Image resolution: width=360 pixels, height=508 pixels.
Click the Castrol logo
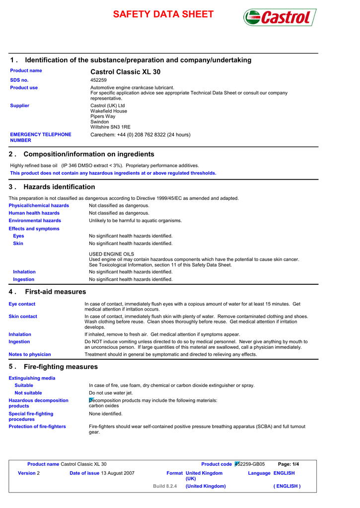(x=280, y=17)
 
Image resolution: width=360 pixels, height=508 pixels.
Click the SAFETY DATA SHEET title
(x=163, y=14)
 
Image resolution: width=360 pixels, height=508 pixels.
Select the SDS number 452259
(x=98, y=80)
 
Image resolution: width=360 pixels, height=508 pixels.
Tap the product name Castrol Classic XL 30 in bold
(x=125, y=72)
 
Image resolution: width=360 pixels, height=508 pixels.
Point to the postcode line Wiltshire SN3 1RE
(x=110, y=127)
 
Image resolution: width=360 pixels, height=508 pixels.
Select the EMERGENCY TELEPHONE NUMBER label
(x=41, y=137)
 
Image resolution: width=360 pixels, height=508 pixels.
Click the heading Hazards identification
(x=59, y=187)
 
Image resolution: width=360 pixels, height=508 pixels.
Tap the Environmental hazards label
(x=35, y=221)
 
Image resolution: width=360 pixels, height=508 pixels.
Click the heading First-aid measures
(x=55, y=292)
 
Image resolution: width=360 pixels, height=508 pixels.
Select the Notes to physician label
(x=30, y=355)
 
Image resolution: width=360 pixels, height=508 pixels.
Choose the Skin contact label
(x=23, y=317)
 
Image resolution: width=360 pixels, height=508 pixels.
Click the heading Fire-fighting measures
(x=61, y=367)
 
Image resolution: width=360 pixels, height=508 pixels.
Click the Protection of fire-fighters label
(x=37, y=427)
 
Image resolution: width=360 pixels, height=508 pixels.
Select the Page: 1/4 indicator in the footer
(x=288, y=464)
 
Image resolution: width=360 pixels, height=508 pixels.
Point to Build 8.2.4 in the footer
(x=165, y=486)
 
